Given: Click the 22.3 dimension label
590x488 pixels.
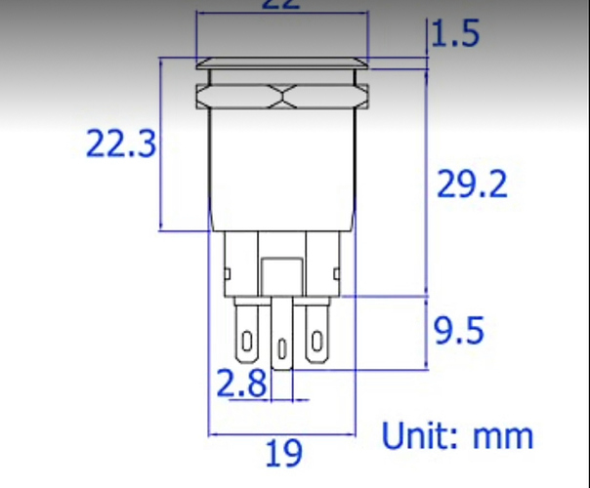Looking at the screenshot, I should point(121,145).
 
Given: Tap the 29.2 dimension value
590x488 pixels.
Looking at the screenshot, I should point(472,184).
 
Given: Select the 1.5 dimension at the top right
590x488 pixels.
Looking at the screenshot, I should point(456,35).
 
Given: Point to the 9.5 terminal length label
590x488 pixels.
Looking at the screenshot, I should point(459,332).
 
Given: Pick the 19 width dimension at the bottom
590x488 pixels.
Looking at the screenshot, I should point(283,453).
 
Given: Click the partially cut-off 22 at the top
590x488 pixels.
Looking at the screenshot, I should point(281,5).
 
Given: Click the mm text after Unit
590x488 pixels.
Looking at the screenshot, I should point(504,436).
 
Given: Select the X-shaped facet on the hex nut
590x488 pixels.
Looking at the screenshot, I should point(282,96).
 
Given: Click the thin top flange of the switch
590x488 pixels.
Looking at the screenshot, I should point(282,65).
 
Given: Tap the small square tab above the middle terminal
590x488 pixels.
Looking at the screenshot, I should point(282,275).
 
